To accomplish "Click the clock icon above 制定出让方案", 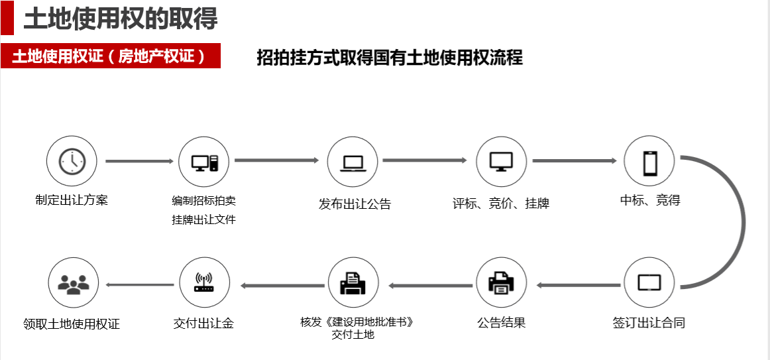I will click(72, 162).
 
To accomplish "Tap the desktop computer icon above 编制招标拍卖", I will click(204, 162).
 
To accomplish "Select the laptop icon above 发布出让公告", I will click(353, 162).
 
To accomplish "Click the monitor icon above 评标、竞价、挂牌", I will click(502, 162).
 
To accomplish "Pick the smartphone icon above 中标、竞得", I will click(649, 162).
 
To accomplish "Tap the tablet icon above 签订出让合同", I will click(649, 282).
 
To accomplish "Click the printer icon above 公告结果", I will click(502, 283).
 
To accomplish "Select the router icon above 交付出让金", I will click(204, 283).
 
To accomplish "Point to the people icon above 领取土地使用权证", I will click(74, 283).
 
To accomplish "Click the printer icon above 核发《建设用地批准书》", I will click(353, 283).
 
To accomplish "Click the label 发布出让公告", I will click(355, 204).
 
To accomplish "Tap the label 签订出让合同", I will click(649, 324).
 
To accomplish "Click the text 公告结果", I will click(501, 324).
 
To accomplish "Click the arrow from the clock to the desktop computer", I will click(138, 161).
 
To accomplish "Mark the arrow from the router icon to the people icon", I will click(140, 285).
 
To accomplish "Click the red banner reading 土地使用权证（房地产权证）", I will click(111, 56).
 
